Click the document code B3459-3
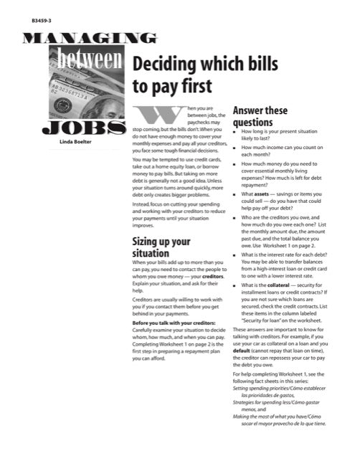[x=42, y=22]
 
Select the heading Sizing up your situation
[x=161, y=247]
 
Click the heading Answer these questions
[x=260, y=117]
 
